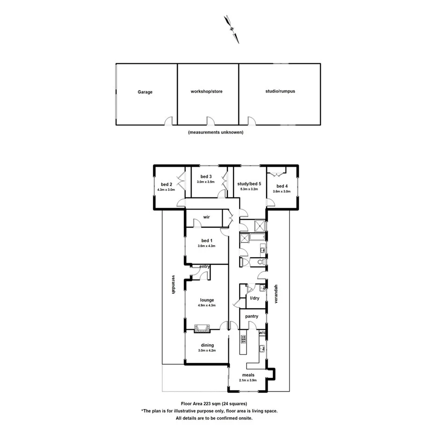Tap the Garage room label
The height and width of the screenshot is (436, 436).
[x=145, y=92]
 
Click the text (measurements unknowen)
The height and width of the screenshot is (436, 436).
[x=216, y=132]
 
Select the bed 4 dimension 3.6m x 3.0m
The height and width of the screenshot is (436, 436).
[x=282, y=191]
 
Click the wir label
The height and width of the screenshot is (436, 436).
[x=206, y=217]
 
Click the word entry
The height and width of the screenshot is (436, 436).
[x=204, y=267]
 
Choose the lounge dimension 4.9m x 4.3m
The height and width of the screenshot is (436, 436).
[x=207, y=305]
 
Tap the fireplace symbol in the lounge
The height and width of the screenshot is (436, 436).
[x=203, y=327]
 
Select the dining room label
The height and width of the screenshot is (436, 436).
[x=207, y=345]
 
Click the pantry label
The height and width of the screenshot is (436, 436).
[x=252, y=317]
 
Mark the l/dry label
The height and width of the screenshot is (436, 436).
[x=254, y=298]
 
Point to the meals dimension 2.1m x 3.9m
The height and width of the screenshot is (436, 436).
[x=248, y=380]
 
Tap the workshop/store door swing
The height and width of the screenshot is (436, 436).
[x=211, y=120]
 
